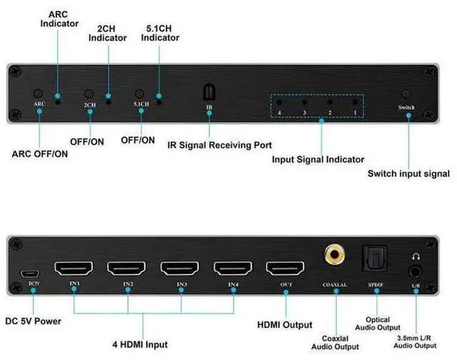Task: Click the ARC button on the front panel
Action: pyautogui.click(x=38, y=94)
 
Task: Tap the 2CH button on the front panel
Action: pyautogui.click(x=89, y=94)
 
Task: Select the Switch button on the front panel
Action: pyautogui.click(x=407, y=94)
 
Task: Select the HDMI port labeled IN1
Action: pyautogui.click(x=75, y=270)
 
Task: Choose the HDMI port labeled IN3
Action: pyautogui.click(x=180, y=270)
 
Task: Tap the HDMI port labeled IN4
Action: pyautogui.click(x=233, y=270)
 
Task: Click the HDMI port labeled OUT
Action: pyautogui.click(x=285, y=270)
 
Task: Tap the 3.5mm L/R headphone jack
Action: pyautogui.click(x=415, y=271)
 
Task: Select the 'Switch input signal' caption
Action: pyautogui.click(x=408, y=174)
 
